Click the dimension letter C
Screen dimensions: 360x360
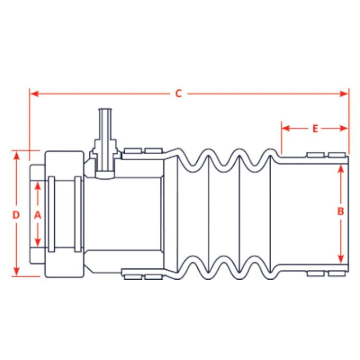click(179, 94)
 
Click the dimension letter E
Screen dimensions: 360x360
click(315, 129)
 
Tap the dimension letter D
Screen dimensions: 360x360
click(16, 215)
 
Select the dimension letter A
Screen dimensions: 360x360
click(37, 215)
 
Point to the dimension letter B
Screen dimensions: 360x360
click(340, 211)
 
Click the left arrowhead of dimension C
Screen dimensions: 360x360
click(34, 94)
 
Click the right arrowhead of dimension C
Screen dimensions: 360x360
click(344, 94)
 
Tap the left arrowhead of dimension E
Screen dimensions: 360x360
click(286, 128)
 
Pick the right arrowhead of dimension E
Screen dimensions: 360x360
click(344, 128)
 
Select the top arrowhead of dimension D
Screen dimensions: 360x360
click(16, 156)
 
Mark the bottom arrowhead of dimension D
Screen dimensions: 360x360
click(16, 272)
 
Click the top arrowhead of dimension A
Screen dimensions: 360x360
click(37, 186)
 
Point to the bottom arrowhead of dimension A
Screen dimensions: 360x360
click(37, 242)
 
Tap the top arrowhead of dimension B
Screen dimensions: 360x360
click(341, 169)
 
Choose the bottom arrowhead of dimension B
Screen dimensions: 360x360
click(341, 259)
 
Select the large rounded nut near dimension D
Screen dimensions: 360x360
click(64, 214)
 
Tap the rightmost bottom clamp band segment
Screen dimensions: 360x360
click(337, 274)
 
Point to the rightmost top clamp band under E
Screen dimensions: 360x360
click(337, 155)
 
